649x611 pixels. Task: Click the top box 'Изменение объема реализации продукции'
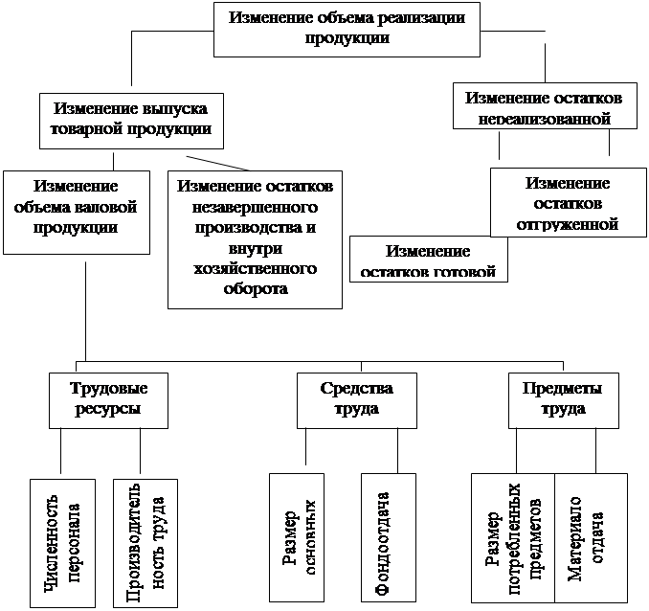click(347, 28)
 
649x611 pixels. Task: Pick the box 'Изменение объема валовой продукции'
click(76, 211)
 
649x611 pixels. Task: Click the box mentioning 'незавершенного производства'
click(255, 238)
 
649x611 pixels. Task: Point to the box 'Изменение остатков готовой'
click(428, 259)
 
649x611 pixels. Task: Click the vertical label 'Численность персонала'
click(60, 541)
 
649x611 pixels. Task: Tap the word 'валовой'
click(108, 206)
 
